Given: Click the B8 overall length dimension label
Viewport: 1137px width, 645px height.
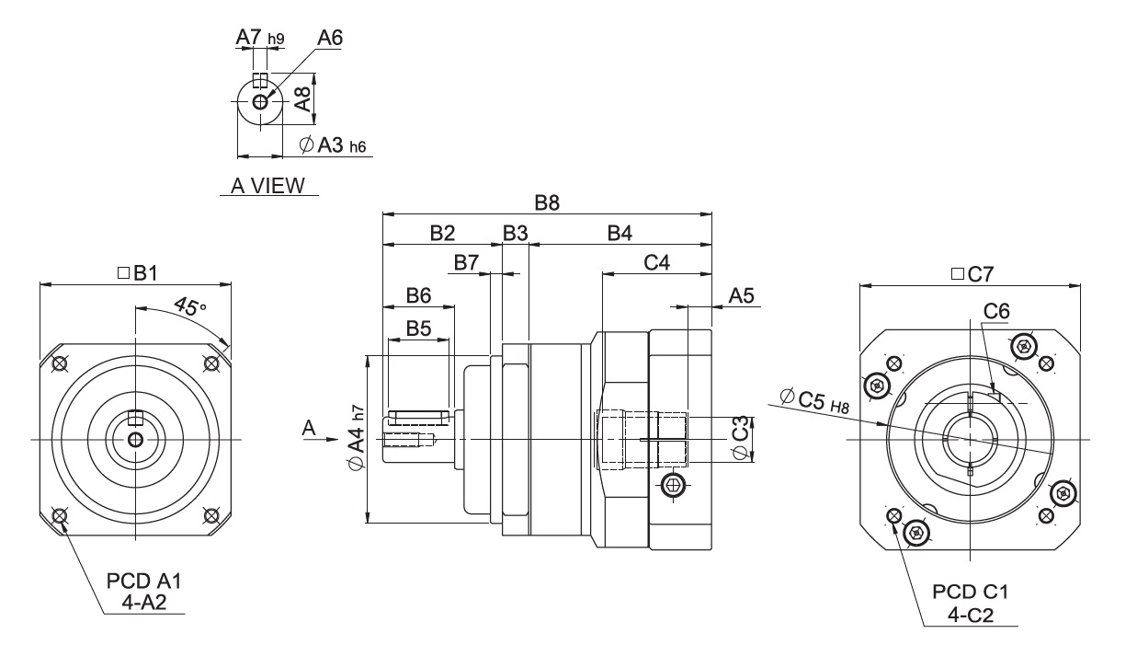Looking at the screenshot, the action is click(547, 203).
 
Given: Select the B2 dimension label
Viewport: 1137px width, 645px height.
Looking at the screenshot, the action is click(442, 234).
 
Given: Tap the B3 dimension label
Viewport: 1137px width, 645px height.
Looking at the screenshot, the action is click(516, 234).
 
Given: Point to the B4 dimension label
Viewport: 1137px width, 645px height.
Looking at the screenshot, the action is click(620, 234).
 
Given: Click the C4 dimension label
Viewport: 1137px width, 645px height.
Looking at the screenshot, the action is click(657, 263).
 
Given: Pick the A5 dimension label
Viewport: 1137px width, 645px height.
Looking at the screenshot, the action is click(742, 295).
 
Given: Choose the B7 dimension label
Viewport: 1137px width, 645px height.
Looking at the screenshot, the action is click(466, 263).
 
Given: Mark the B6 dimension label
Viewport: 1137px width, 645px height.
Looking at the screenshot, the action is click(419, 295).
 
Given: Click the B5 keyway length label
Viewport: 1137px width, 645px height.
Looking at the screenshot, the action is click(419, 328).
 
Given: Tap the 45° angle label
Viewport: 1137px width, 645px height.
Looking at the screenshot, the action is click(190, 307).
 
